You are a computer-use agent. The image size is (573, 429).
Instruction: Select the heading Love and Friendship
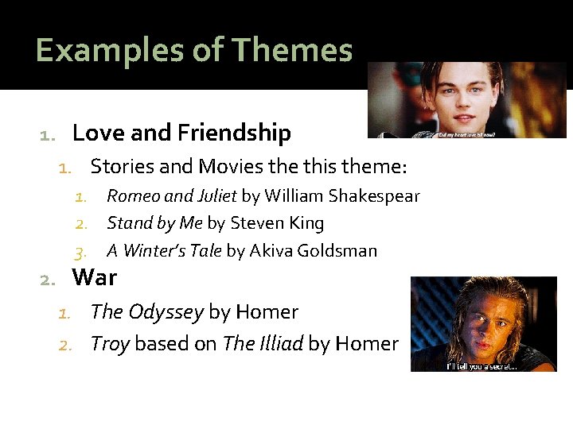(181, 133)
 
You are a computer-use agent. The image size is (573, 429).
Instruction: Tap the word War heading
(94, 278)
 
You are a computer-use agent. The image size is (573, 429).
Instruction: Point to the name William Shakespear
(342, 196)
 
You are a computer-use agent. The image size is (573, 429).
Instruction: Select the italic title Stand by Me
(154, 223)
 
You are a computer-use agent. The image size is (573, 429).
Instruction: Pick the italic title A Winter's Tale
(165, 251)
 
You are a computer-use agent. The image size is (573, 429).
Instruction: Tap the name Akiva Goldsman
(313, 251)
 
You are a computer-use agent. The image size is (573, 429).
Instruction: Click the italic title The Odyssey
(147, 312)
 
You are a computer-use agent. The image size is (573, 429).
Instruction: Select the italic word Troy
(111, 344)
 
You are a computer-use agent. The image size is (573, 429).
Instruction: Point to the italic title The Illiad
(263, 344)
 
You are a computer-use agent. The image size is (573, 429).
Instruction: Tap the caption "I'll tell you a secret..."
(482, 366)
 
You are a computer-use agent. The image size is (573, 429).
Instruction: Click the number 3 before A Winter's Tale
(79, 252)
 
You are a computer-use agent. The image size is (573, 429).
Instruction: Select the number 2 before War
(47, 279)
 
